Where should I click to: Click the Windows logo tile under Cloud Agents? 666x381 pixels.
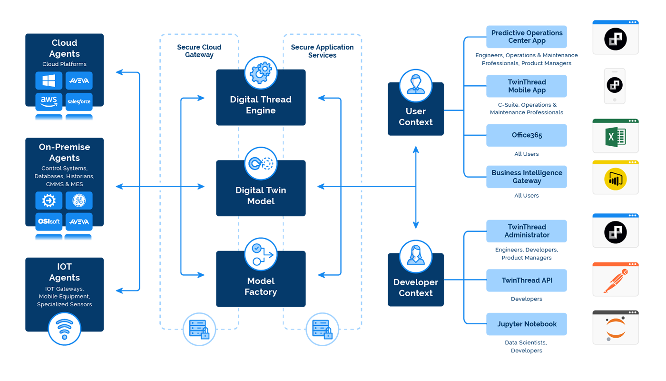point(49,80)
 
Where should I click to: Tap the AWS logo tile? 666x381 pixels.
point(49,101)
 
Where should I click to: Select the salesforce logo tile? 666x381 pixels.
point(79,101)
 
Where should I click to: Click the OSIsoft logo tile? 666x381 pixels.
point(49,221)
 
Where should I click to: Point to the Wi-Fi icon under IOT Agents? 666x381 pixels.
point(64,329)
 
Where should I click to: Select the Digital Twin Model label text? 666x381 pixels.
point(261,196)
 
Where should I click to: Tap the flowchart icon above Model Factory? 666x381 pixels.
point(261,254)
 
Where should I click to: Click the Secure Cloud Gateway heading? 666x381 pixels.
point(199,51)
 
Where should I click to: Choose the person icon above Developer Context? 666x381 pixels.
point(416,256)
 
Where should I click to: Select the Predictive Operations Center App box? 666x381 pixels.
point(527,37)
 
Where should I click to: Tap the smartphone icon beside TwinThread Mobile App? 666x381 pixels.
point(615,86)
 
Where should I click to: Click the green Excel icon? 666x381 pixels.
point(615,138)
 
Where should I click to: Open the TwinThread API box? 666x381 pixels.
point(527,281)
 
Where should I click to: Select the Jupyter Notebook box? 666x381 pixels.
point(527,324)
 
